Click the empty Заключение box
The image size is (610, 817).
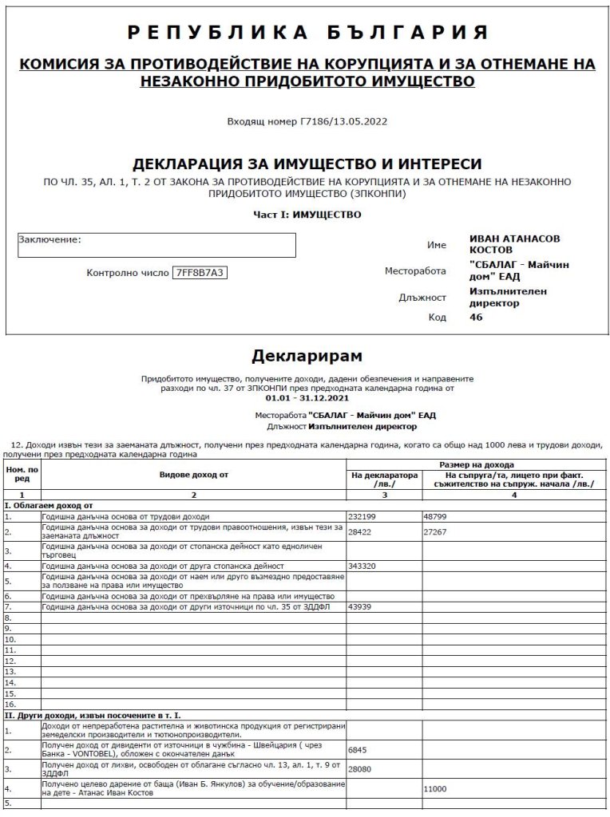pos(156,245)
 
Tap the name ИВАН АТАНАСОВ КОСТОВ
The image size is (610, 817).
pos(515,244)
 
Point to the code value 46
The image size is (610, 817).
pos(476,317)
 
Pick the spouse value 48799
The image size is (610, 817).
pos(438,517)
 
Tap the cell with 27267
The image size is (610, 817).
pos(438,528)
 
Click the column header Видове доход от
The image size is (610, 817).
pos(193,475)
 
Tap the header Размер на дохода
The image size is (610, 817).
pos(478,464)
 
